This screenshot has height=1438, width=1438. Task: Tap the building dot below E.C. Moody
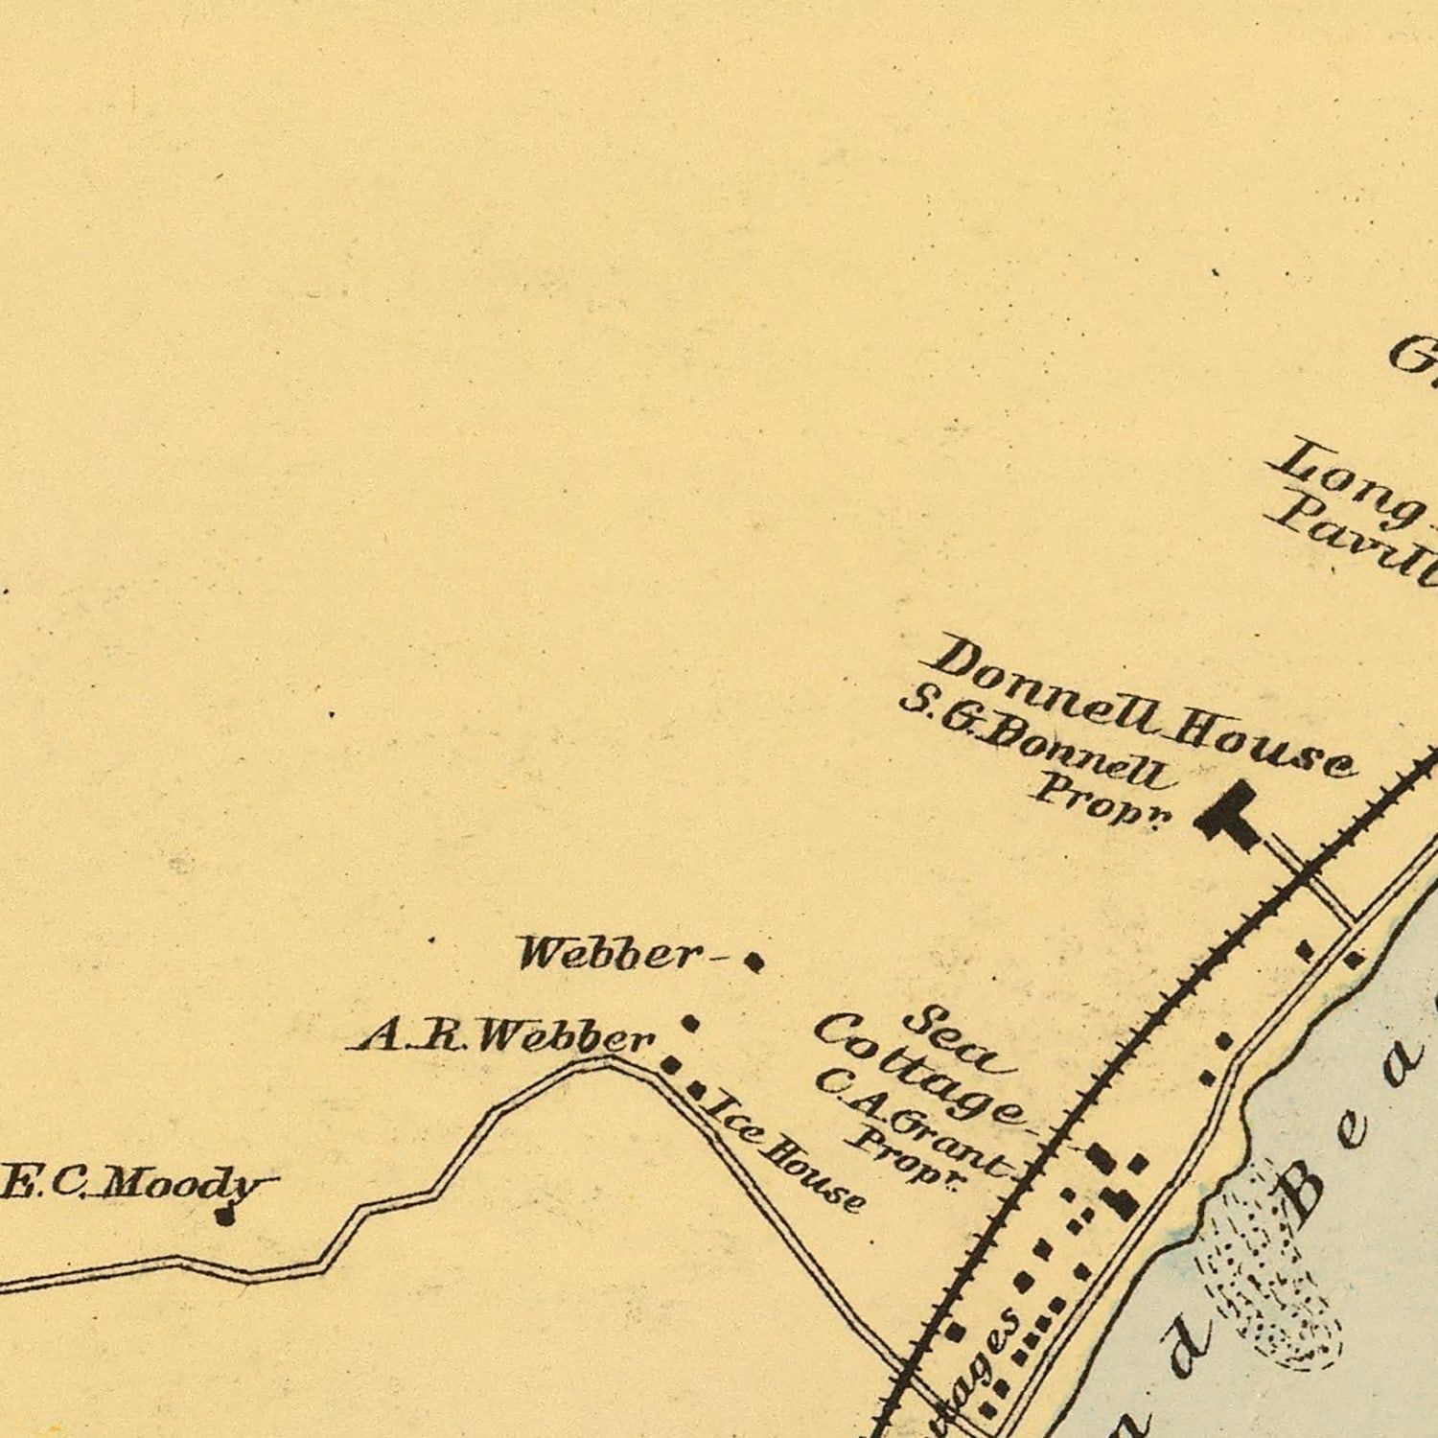(x=225, y=1218)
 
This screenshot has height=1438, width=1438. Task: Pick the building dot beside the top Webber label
(x=754, y=962)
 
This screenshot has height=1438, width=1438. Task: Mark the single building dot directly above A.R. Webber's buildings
(x=689, y=1024)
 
